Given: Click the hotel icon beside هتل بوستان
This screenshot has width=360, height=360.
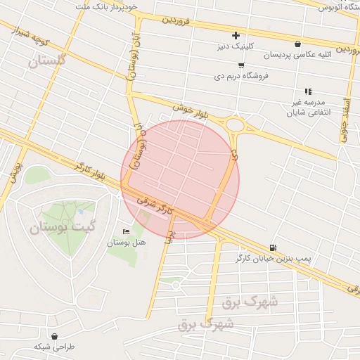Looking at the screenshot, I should [127, 231].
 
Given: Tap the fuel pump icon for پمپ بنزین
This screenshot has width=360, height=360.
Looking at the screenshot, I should [272, 247].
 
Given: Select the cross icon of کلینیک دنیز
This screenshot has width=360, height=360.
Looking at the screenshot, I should [236, 36].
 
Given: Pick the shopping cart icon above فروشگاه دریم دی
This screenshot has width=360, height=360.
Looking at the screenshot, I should [242, 64].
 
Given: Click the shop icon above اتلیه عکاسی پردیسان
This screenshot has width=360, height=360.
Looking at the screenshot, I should [298, 44].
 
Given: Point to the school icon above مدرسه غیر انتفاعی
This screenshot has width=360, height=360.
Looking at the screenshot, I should [307, 91].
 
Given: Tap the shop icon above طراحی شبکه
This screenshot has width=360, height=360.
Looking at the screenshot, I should [54, 335].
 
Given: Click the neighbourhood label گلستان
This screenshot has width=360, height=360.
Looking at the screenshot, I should [47, 61].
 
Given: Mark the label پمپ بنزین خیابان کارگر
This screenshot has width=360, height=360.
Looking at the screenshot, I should [276, 259].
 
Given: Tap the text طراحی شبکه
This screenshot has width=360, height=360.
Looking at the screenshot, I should [52, 347].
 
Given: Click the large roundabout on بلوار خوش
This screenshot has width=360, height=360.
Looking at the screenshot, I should [236, 125].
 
